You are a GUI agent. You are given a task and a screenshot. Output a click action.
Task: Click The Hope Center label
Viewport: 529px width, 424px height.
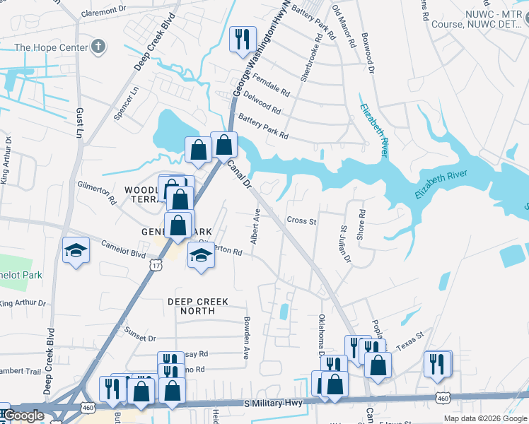click(x=52, y=48)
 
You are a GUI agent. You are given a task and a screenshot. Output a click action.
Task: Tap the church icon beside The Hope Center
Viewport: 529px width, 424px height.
click(x=98, y=48)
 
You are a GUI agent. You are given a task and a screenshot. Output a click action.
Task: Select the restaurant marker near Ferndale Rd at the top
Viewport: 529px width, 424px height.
click(x=243, y=40)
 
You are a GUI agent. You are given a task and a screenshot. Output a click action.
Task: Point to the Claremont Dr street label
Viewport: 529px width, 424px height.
click(x=103, y=11)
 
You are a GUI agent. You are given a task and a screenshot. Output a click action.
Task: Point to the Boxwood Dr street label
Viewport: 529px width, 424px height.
click(x=366, y=51)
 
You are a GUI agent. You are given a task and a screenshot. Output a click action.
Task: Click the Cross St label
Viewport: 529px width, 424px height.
click(x=301, y=220)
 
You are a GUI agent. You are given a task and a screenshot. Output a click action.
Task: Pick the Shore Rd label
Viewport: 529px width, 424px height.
click(x=361, y=224)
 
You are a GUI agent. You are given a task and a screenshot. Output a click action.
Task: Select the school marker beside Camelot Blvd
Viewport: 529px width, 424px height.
click(x=76, y=251)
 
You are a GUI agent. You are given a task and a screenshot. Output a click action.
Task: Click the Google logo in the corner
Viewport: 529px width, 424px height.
click(x=23, y=416)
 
